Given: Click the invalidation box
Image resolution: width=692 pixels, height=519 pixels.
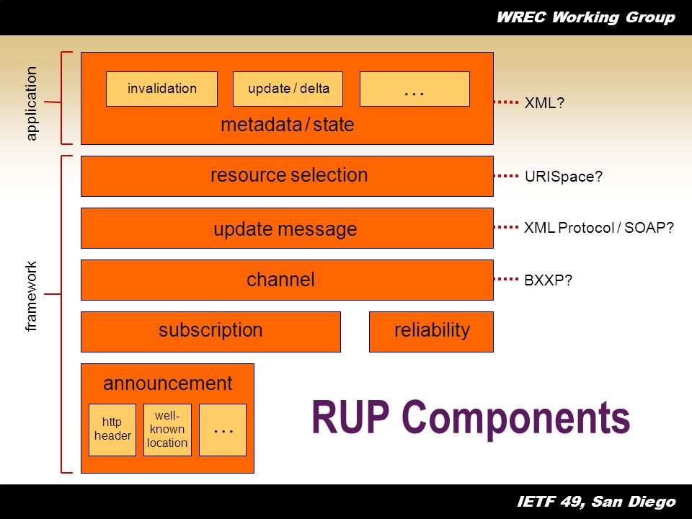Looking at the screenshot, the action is pos(161,89).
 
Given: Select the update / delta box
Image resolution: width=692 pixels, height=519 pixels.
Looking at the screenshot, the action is pos(288,89).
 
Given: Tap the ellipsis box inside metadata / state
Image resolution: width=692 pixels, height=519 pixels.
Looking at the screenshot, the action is pos(414,89).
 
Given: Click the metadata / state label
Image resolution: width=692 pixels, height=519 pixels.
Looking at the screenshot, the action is pos(288,125).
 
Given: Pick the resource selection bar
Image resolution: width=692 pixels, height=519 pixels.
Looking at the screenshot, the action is pos(287,176).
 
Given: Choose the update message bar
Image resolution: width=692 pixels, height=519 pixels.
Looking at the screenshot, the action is pos(287,228).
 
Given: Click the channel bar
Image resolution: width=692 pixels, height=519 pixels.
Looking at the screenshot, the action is pos(287,280).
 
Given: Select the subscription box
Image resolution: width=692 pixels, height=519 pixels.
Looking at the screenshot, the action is pos(210,332).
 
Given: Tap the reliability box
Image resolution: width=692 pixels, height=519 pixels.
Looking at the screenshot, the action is pos(431,332).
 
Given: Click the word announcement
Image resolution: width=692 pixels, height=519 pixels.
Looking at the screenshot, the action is pos(168,383).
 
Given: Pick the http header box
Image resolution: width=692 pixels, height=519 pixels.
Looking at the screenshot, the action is pos(112,430).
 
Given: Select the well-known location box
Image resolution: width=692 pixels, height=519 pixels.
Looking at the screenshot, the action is pos(167,430).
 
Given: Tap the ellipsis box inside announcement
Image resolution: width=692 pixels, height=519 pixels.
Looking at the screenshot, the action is pos(223,430).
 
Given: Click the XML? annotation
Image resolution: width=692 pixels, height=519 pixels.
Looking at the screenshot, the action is pos(544,103).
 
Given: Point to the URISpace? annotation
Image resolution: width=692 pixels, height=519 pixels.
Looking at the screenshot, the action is pos(563,177).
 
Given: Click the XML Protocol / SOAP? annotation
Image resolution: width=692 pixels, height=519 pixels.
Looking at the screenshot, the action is pos(598,228).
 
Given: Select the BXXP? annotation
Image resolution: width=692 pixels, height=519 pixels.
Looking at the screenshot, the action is pos(548,280).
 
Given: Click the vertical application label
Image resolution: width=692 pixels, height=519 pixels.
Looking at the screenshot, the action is pos(31,103).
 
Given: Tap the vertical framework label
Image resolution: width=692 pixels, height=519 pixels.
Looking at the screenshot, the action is pos(31,296).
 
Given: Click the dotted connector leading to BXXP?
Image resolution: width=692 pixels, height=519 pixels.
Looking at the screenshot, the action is pos(506,279).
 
